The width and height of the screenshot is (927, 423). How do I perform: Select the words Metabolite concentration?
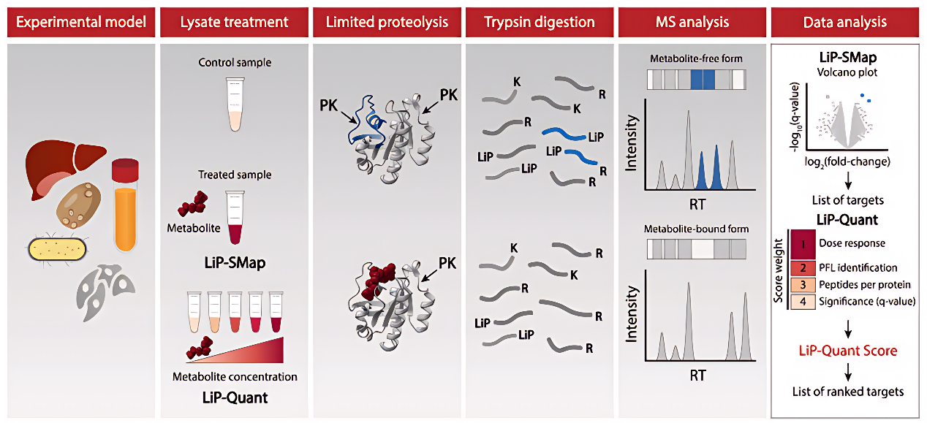235,377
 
